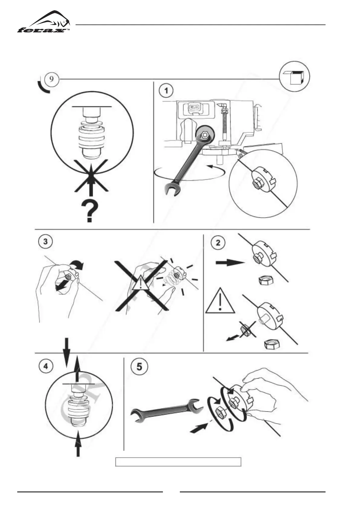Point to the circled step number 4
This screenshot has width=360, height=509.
click(45, 366)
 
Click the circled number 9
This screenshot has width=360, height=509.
click(52, 79)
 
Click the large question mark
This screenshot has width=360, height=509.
click(90, 211)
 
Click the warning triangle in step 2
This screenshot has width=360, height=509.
click(220, 301)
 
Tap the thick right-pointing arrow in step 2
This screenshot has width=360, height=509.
click(229, 263)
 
